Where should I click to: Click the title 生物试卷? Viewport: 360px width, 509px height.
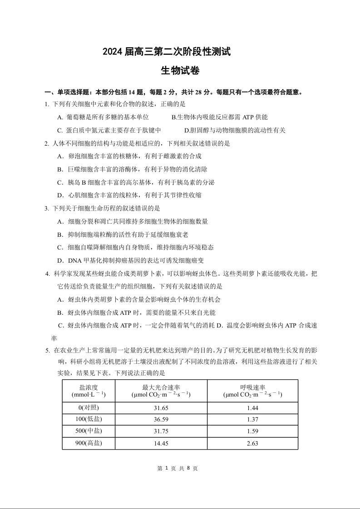pos(180,71)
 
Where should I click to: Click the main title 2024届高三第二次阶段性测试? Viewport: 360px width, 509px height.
pos(167,52)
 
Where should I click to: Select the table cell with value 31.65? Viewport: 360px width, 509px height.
pos(161,408)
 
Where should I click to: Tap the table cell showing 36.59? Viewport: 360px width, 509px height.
pos(161,419)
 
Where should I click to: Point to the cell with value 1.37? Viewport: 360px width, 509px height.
pos(252,419)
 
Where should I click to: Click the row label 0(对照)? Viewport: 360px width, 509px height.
pos(89,408)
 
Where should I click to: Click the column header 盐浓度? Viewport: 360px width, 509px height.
pos(89,391)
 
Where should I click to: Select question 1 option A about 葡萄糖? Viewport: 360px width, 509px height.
pos(107,117)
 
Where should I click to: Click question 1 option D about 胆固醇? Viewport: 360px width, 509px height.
pos(235,130)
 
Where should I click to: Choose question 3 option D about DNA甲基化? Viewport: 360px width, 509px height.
pos(130,260)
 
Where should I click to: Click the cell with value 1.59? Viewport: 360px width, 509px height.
pos(252,431)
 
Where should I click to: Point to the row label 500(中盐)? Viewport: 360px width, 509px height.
pos(89,431)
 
